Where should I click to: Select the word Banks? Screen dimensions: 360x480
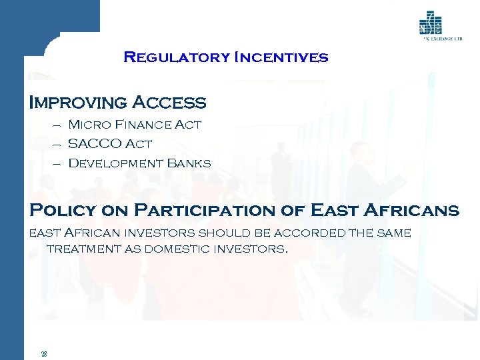(x=189, y=163)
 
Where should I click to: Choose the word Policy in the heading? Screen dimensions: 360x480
(x=62, y=211)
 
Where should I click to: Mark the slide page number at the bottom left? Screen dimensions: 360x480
(x=43, y=353)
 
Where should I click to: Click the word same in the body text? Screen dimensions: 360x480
(x=393, y=233)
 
